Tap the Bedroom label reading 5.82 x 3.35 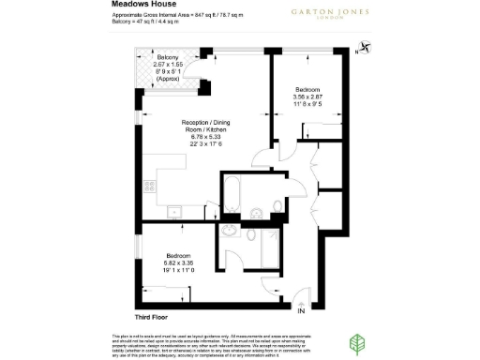pyautogui.click(x=179, y=256)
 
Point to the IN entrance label pyautogui.click(x=302, y=310)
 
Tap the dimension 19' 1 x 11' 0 pyautogui.click(x=179, y=270)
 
